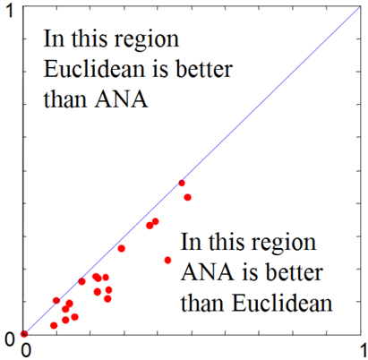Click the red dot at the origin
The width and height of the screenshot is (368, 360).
pos(24,333)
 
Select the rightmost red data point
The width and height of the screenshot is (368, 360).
pos(187,197)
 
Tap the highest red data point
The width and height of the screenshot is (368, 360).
pos(182,183)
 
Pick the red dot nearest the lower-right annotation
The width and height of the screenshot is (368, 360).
pos(167,261)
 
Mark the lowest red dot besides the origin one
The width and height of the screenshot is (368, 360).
pos(54,325)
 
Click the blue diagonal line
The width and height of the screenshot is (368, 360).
pos(193,170)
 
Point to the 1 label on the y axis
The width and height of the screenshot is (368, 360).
pos(11,12)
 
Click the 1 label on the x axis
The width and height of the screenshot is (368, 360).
pos(364,350)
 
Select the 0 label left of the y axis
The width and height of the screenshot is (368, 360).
pos(10,340)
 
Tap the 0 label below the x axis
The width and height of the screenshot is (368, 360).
pos(26,350)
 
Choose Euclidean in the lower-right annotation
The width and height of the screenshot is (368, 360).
pos(282,304)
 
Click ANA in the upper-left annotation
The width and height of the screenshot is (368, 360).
pos(121,99)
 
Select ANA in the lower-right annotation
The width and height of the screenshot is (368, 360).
pos(208,272)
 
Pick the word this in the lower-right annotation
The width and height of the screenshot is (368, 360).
pos(227,241)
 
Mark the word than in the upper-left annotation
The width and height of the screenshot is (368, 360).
pos(65,99)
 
